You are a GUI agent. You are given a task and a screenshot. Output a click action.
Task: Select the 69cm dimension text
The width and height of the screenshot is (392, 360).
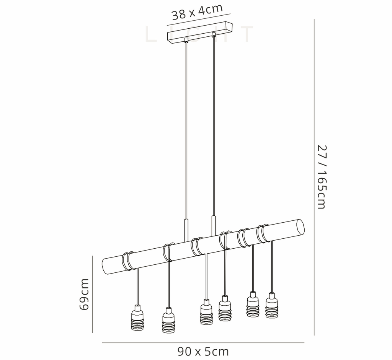pyautogui.click(x=84, y=294)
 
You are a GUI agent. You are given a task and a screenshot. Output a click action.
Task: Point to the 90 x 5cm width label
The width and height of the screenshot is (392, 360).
pyautogui.click(x=203, y=351)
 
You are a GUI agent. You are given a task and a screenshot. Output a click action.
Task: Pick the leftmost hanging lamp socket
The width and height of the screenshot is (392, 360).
pyautogui.click(x=137, y=318)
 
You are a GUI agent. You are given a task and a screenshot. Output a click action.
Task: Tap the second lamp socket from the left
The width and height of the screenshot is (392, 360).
pyautogui.click(x=168, y=321)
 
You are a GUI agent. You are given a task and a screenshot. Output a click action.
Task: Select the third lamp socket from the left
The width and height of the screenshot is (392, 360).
pyautogui.click(x=206, y=312)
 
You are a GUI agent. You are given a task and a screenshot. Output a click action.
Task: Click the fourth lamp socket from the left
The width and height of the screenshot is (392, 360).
pyautogui.click(x=225, y=308)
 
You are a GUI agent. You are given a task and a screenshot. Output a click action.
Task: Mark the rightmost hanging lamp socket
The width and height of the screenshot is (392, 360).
pyautogui.click(x=271, y=306)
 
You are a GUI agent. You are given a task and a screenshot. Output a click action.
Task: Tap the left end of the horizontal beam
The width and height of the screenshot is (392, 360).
pyautogui.click(x=106, y=266)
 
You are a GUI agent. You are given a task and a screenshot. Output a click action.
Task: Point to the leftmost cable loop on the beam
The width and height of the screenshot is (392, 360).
pyautogui.click(x=128, y=261)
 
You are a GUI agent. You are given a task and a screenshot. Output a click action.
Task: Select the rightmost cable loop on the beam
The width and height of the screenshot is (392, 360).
pyautogui.click(x=263, y=233)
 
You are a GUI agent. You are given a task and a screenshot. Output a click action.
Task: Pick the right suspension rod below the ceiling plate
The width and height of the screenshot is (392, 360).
pyautogui.click(x=213, y=126)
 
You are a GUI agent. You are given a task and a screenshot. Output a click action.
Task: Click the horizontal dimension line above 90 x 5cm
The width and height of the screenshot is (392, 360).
pyautogui.click(x=203, y=343)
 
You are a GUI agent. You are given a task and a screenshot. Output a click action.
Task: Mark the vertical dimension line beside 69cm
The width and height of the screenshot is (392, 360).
pyautogui.click(x=93, y=294)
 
